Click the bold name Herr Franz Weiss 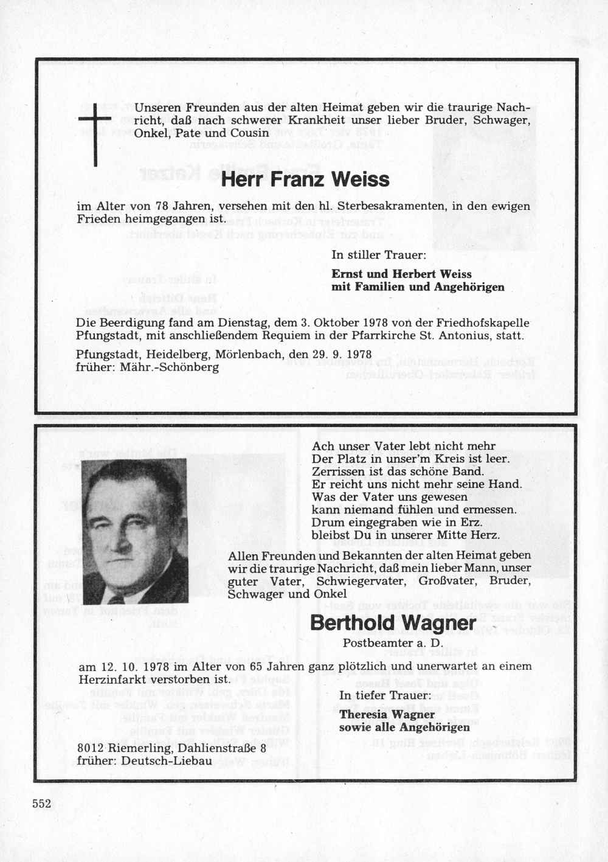click(305, 180)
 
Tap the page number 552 click(42, 804)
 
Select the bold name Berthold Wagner click(393, 623)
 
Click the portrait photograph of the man click(134, 530)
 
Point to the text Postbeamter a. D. click(393, 642)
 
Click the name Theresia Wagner click(387, 714)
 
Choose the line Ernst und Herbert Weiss click(401, 274)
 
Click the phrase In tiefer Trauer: click(385, 695)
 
